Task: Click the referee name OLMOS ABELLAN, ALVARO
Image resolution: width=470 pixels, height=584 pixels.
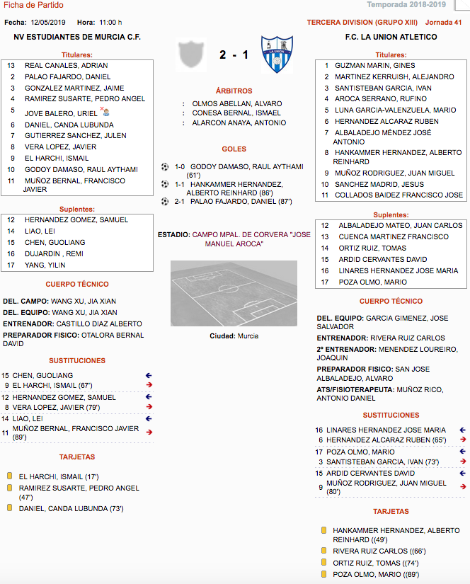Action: tap(236, 103)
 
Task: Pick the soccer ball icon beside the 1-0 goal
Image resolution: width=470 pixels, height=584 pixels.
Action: tap(165, 167)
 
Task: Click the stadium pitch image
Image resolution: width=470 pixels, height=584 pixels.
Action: tap(234, 292)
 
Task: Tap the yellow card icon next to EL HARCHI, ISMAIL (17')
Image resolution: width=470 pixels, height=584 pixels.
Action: tap(10, 477)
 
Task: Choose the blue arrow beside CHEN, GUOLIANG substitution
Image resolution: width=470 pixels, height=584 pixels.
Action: tap(149, 376)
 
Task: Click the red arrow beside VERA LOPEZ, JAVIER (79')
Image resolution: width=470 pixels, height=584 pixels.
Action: tap(149, 407)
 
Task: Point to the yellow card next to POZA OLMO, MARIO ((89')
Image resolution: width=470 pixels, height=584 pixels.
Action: tap(323, 575)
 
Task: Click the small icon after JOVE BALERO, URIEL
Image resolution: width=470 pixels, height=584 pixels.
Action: tap(105, 112)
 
